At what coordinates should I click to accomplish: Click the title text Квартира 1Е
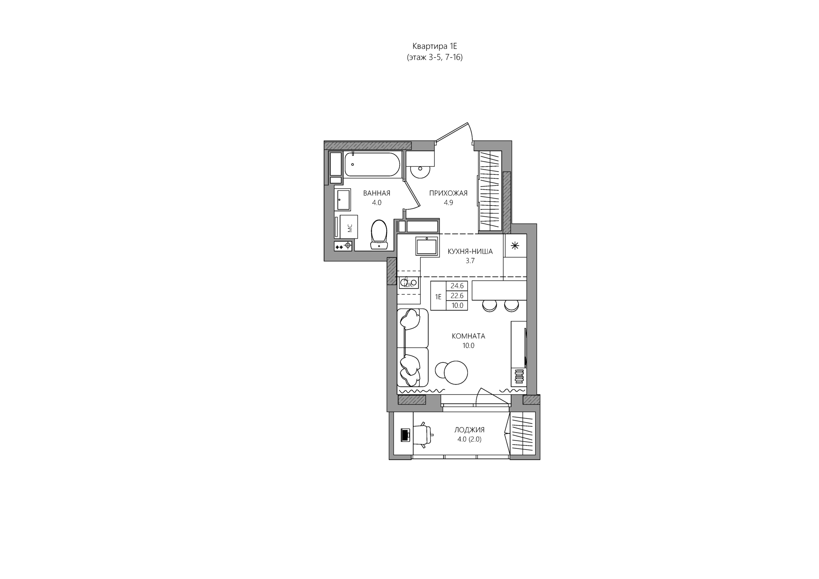click(435, 46)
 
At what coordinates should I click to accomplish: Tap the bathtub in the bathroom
click(372, 164)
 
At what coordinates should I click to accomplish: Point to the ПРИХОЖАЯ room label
click(448, 193)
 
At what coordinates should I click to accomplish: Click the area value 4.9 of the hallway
click(448, 203)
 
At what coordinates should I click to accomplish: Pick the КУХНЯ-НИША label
click(470, 252)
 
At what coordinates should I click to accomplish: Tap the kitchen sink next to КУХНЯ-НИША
click(427, 246)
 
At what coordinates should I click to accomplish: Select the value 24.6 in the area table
click(457, 286)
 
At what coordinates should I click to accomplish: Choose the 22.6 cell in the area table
click(457, 296)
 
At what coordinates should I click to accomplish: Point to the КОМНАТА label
click(468, 336)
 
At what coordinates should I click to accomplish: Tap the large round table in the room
click(456, 372)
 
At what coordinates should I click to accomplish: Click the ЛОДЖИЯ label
click(469, 430)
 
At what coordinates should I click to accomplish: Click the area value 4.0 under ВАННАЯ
click(377, 203)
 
